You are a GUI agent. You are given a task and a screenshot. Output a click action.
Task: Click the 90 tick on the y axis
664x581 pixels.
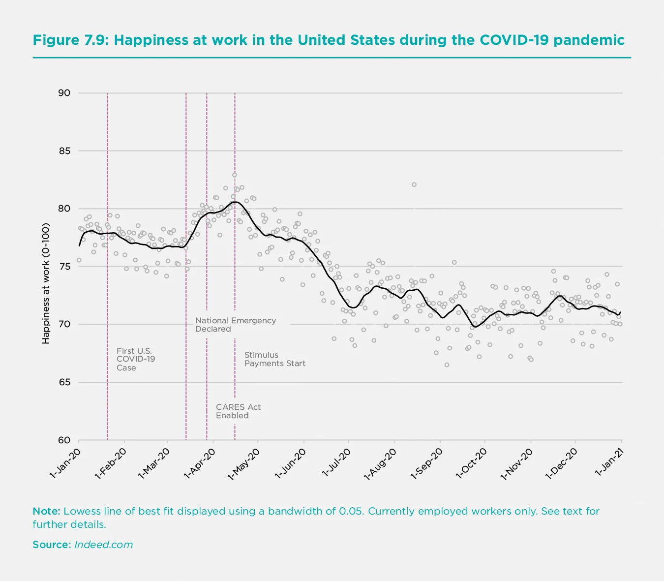(64, 93)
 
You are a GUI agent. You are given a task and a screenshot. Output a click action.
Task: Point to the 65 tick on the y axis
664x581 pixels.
(64, 382)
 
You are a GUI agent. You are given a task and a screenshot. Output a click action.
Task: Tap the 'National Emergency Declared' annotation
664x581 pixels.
(235, 325)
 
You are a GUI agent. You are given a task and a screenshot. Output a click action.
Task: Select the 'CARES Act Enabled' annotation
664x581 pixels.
(238, 411)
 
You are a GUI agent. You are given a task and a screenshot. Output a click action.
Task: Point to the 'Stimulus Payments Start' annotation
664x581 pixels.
(274, 359)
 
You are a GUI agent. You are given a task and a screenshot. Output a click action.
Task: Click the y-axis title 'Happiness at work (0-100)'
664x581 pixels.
(46, 283)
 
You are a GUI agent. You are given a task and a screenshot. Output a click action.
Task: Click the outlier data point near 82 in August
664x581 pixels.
(414, 184)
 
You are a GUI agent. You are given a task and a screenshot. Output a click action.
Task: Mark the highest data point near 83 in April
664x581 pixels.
(235, 175)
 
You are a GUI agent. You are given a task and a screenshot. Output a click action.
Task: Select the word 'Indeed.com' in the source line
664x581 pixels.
(103, 545)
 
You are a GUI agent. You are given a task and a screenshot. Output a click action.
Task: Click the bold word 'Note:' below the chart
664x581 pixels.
(46, 511)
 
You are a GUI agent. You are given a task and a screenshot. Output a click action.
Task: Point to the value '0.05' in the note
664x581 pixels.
(351, 511)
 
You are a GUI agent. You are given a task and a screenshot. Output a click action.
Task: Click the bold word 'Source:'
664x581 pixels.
(52, 545)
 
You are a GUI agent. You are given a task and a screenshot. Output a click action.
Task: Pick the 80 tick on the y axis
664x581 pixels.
(64, 209)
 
